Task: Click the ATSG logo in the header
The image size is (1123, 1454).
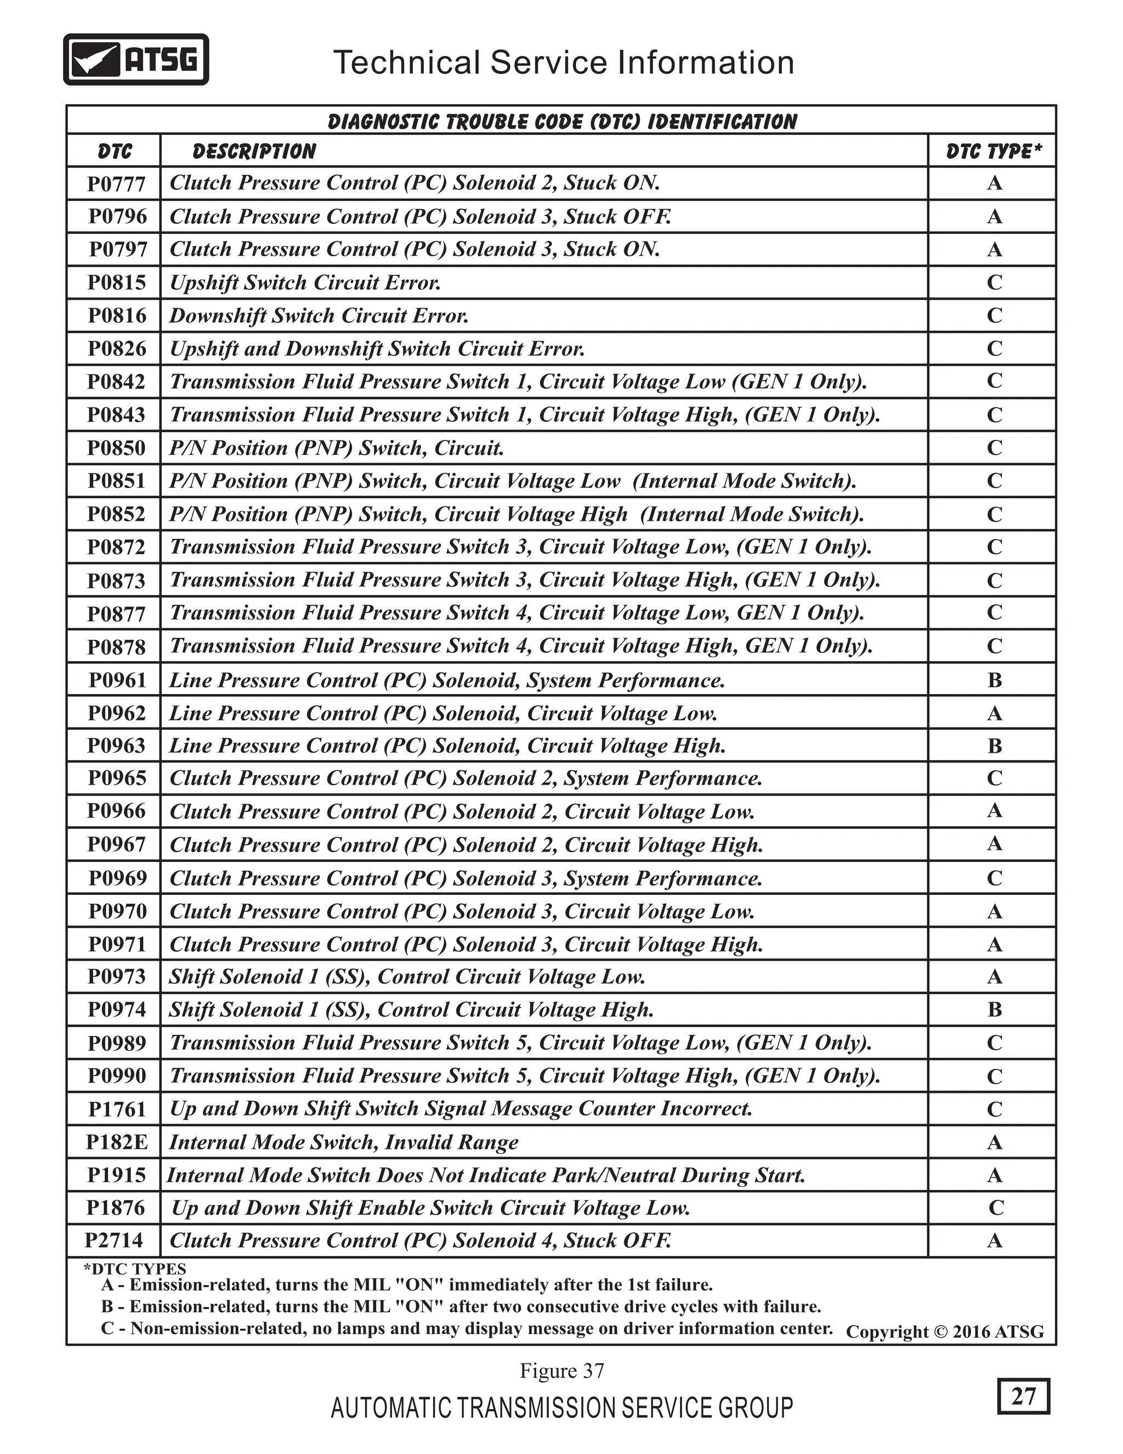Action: [136, 60]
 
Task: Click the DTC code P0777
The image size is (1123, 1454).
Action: [116, 184]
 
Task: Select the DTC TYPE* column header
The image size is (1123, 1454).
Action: [993, 151]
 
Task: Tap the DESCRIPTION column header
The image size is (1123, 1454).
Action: [254, 151]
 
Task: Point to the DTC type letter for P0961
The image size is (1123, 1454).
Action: [995, 680]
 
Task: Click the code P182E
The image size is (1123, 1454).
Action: [116, 1142]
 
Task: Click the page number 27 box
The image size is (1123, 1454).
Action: [1023, 1395]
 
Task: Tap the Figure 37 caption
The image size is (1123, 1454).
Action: [561, 1371]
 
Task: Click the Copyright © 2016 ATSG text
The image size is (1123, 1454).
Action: [945, 1332]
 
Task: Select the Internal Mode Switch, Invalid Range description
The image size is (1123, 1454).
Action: [343, 1142]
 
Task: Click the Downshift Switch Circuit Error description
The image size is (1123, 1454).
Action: [319, 315]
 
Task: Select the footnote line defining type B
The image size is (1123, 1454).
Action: [461, 1306]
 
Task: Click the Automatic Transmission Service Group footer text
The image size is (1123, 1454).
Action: [561, 1408]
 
